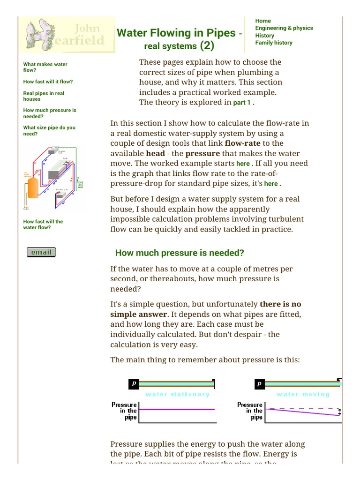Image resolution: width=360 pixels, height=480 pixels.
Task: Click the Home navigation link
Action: click(x=263, y=21)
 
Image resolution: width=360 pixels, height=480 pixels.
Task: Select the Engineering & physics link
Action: click(x=284, y=28)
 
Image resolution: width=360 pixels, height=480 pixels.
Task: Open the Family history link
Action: click(x=273, y=43)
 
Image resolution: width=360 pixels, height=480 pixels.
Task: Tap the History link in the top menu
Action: click(x=264, y=36)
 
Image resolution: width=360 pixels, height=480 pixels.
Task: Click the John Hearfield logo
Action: click(x=67, y=35)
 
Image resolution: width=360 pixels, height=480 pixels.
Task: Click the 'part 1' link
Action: click(x=242, y=103)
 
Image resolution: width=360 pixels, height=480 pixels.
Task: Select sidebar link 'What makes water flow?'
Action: click(x=45, y=67)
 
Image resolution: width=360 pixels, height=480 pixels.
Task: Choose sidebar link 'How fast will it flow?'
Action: click(x=48, y=82)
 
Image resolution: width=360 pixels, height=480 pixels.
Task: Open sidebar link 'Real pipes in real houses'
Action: click(x=44, y=96)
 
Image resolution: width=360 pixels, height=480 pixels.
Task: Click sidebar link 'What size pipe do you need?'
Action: click(x=49, y=130)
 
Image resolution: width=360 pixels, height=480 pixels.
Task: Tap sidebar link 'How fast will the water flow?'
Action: click(x=43, y=225)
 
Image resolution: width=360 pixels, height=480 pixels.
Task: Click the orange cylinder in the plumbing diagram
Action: click(x=33, y=187)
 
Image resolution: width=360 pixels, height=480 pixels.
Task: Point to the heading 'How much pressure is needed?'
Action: click(x=180, y=253)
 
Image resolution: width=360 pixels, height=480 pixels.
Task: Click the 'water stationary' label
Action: click(x=178, y=394)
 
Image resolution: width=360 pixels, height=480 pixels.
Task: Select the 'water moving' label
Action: click(x=303, y=394)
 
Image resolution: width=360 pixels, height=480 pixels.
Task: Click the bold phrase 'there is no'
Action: click(x=280, y=304)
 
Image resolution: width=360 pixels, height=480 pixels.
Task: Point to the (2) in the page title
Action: click(x=207, y=45)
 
